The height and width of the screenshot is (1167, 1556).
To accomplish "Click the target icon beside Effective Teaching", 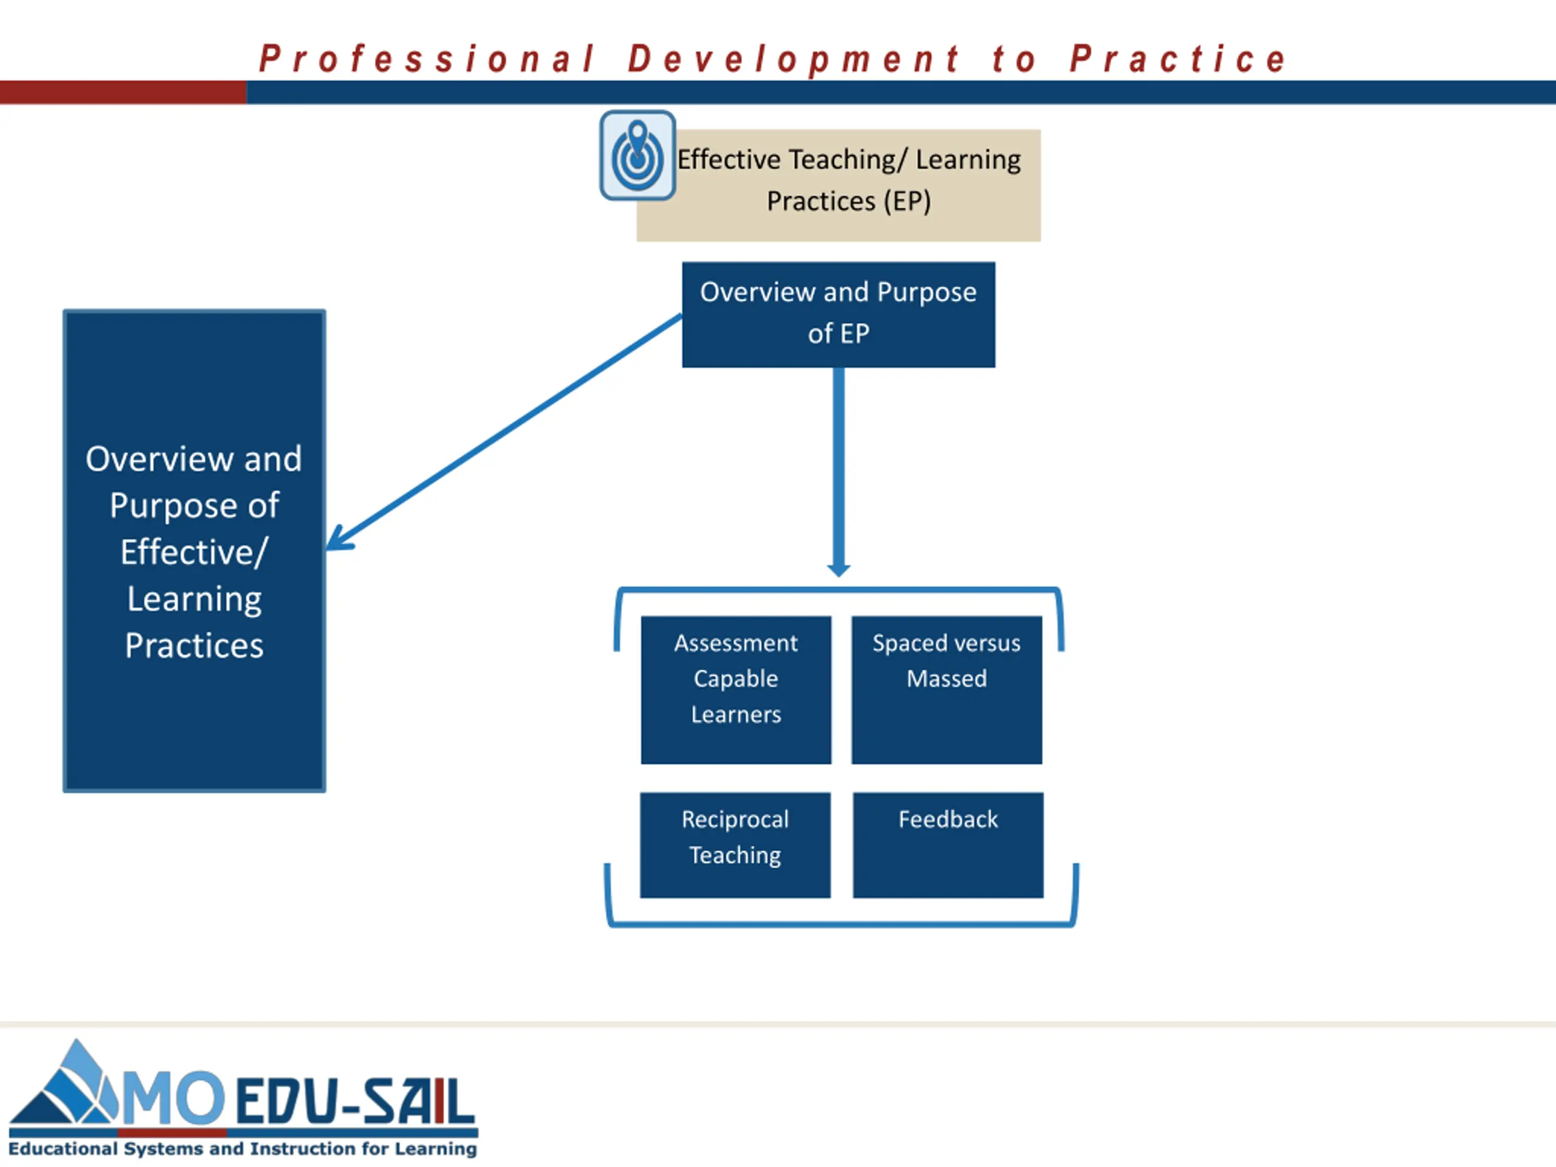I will (x=638, y=156).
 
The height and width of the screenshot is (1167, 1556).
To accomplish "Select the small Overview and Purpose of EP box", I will (x=839, y=314).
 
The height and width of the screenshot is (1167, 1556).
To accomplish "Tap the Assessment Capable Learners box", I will (x=736, y=689).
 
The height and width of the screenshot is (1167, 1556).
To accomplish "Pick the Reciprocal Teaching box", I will (x=735, y=845).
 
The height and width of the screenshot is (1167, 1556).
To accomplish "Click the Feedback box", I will (x=948, y=845).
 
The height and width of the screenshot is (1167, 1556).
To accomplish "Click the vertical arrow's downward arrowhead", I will (x=839, y=568).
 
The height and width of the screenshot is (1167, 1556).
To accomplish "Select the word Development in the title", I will (x=793, y=59).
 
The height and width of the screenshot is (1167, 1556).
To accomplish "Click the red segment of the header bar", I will (x=123, y=92).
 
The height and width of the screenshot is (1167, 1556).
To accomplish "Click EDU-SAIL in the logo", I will (x=355, y=1101).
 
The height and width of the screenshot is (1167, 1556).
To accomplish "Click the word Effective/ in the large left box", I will (x=194, y=552).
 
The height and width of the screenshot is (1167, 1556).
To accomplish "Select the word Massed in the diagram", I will (x=947, y=679).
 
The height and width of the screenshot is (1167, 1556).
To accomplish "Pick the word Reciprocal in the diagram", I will (x=735, y=819).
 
